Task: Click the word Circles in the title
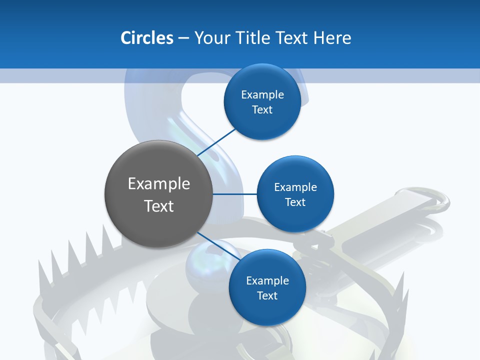click(146, 38)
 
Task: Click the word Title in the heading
click(251, 38)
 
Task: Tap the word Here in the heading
click(332, 38)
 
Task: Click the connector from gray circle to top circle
click(217, 142)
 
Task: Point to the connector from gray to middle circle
click(234, 194)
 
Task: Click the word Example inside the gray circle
click(159, 184)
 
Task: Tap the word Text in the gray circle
click(159, 206)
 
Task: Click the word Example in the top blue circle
click(262, 95)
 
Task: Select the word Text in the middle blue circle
click(295, 202)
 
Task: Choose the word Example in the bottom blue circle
click(267, 281)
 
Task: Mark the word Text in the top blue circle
click(262, 110)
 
